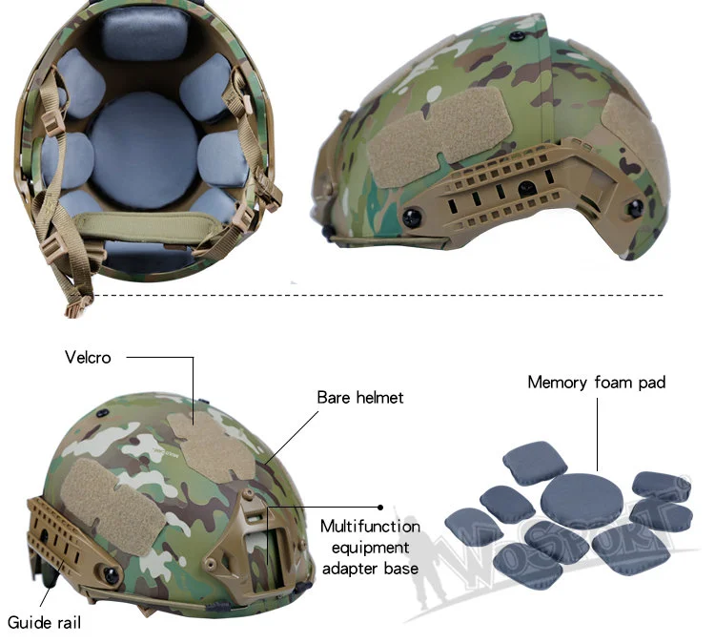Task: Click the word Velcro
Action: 88,358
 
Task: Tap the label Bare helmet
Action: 360,398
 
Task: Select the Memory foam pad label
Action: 597,383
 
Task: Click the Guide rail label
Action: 44,622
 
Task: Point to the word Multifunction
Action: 370,527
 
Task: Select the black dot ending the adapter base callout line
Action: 380,508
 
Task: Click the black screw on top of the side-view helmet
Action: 516,35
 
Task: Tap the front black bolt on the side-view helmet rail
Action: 412,218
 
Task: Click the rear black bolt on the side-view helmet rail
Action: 635,208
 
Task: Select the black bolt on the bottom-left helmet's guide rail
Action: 112,575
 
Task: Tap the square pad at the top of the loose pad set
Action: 535,463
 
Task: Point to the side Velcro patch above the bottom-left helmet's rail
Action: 111,507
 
